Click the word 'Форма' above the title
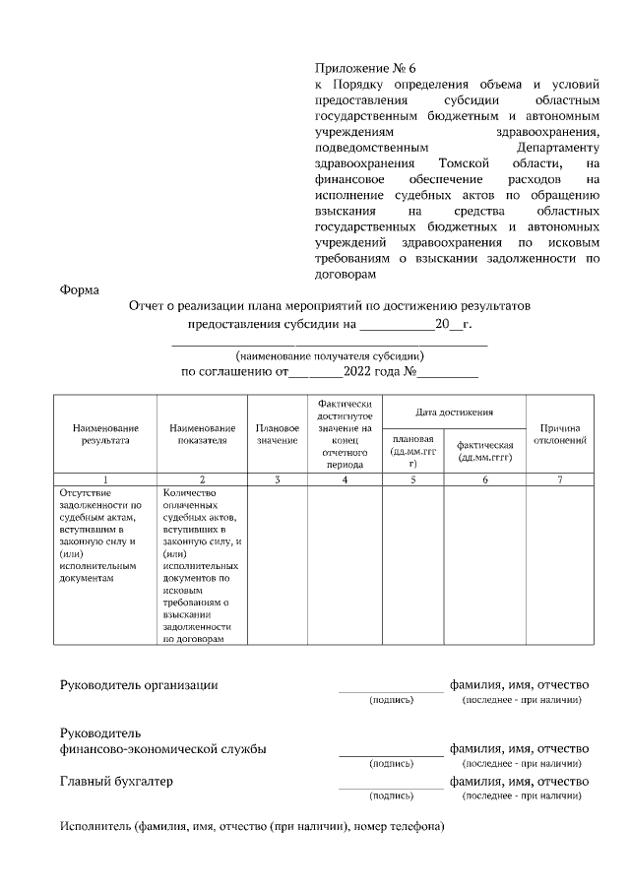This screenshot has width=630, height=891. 80,289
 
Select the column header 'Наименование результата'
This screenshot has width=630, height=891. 105,434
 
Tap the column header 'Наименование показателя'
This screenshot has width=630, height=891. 202,434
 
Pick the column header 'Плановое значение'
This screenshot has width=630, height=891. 278,434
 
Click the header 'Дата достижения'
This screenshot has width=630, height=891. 454,411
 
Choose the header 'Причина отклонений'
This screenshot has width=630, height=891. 560,434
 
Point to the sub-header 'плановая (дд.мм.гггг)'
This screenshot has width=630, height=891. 412,450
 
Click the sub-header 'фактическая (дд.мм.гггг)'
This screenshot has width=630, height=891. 485,451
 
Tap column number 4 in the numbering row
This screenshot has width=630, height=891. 345,479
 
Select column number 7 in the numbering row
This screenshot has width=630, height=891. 560,479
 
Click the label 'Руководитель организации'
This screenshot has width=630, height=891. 139,684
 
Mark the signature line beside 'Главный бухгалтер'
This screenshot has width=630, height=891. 391,787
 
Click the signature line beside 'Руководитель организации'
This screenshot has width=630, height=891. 391,690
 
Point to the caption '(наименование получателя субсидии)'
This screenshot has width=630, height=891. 330,355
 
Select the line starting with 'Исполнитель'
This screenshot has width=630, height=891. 252,825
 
